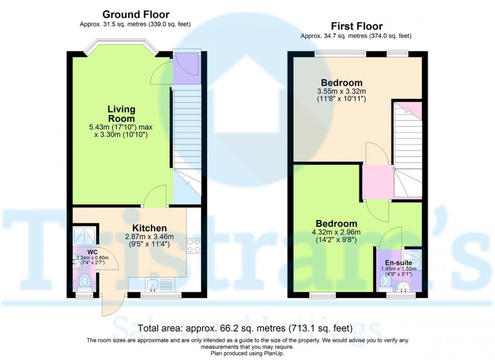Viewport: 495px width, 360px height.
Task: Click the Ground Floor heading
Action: [x=136, y=15]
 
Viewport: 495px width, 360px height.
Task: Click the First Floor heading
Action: [x=357, y=26]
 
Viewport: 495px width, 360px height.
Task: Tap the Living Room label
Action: [x=121, y=114]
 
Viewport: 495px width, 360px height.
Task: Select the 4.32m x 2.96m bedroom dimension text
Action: [x=336, y=235]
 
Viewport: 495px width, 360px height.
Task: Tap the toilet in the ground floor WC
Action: [x=84, y=281]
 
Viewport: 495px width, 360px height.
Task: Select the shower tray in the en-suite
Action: [x=412, y=260]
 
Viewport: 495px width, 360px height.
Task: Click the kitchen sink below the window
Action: [x=153, y=284]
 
